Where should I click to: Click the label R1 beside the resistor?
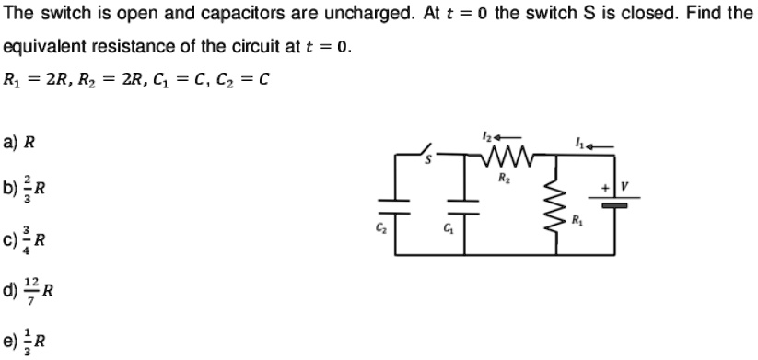(x=576, y=221)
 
